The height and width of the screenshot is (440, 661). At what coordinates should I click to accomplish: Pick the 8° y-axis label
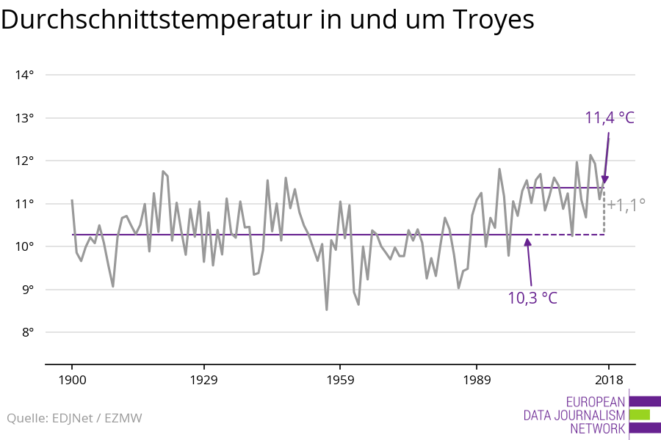(x=27, y=332)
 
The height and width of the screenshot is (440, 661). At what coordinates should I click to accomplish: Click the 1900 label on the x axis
(x=72, y=380)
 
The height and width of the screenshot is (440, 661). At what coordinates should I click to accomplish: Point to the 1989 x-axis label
(x=477, y=380)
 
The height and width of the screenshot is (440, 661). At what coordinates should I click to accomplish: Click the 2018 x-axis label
(x=608, y=380)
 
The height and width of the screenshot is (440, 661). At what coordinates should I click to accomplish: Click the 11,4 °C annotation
(x=609, y=117)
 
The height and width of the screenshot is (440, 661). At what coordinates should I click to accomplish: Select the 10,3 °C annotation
(x=532, y=298)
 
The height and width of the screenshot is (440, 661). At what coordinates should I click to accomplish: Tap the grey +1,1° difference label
(x=626, y=204)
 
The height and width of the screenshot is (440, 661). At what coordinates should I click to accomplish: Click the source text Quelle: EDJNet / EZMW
(x=74, y=419)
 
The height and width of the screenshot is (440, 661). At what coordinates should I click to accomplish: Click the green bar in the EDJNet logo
(x=640, y=414)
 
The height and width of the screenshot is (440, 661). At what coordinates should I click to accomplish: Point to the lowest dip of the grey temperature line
(x=326, y=309)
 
